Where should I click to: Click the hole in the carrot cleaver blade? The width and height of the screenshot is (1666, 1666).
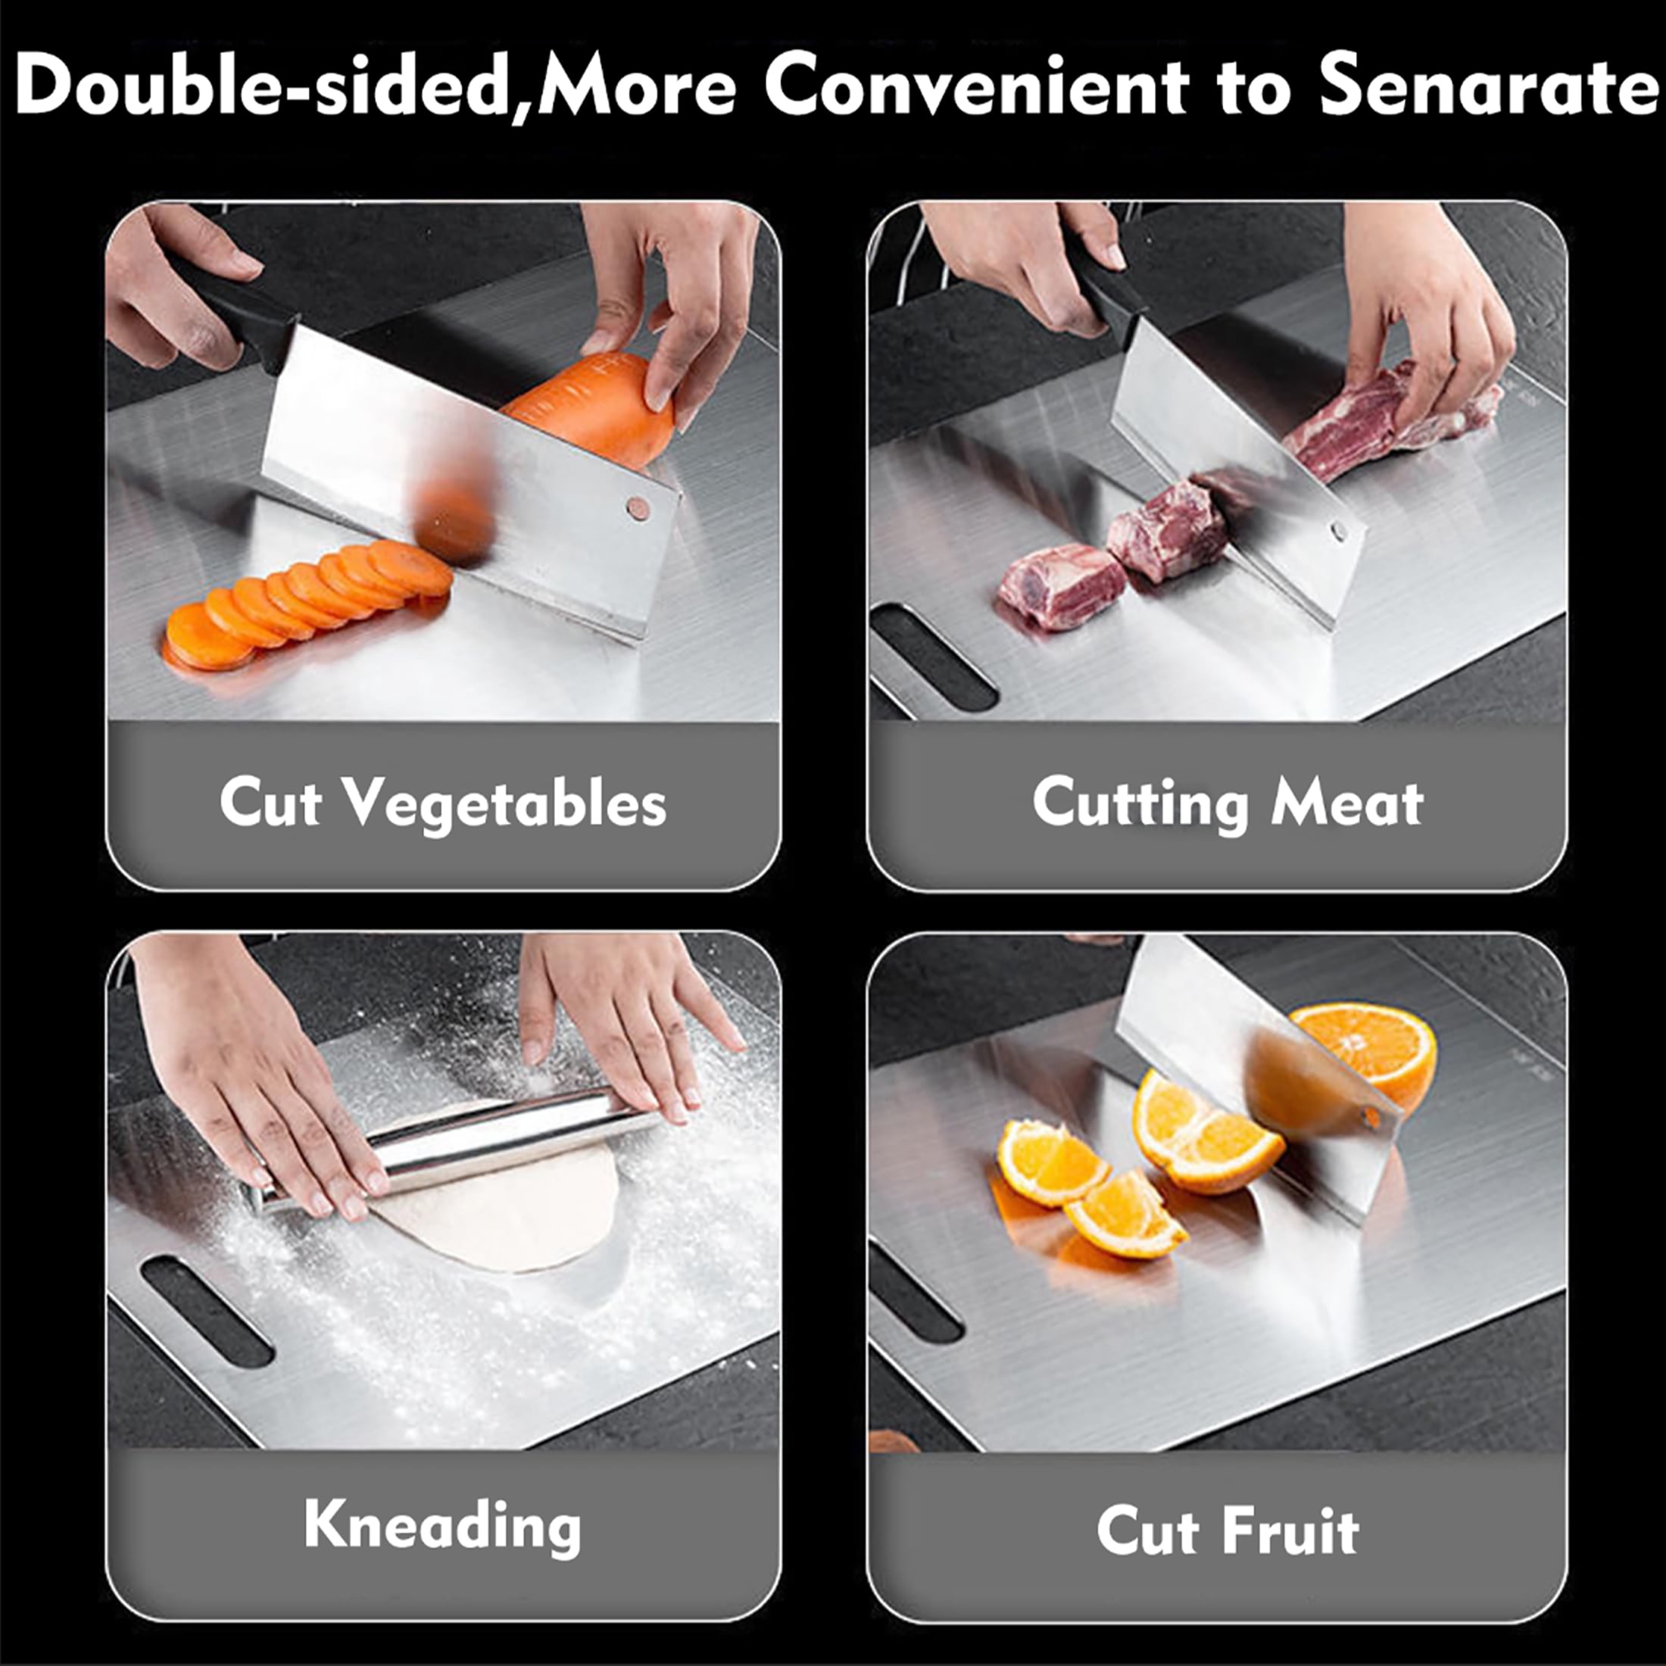[x=638, y=509]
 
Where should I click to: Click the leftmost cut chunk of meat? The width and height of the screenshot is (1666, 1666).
[x=1061, y=586]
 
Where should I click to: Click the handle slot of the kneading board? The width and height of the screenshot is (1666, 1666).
[x=207, y=1311]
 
